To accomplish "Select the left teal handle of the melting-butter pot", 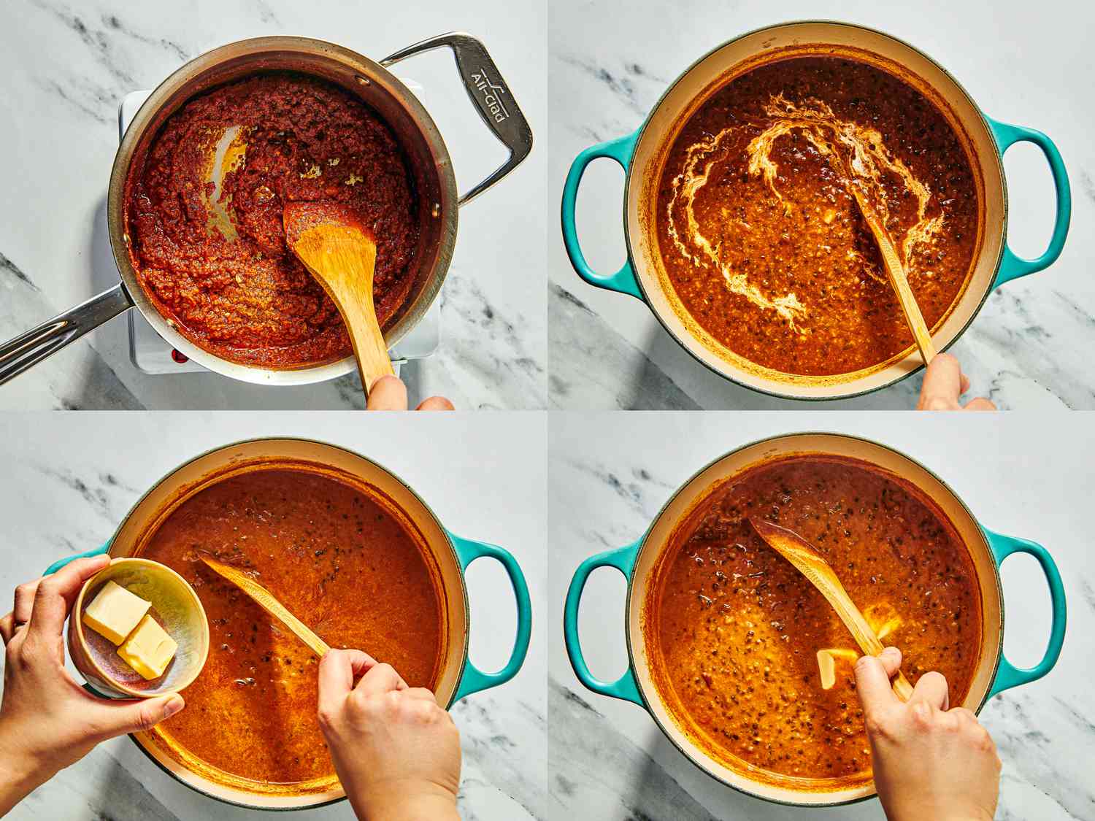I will tap(591, 628).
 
